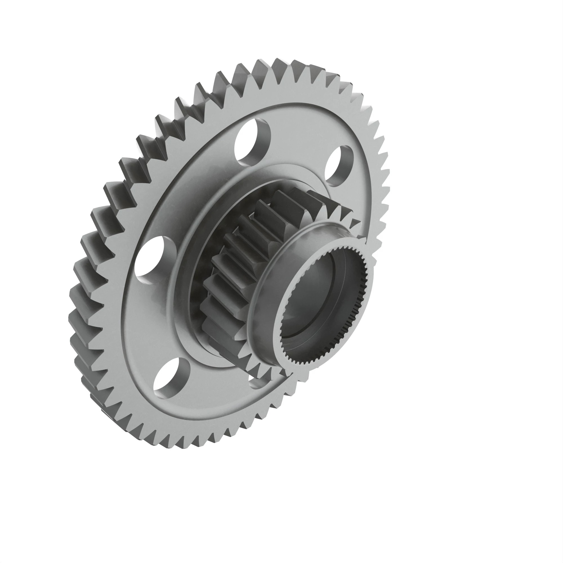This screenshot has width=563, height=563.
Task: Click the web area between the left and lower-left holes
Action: click(151, 318)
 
